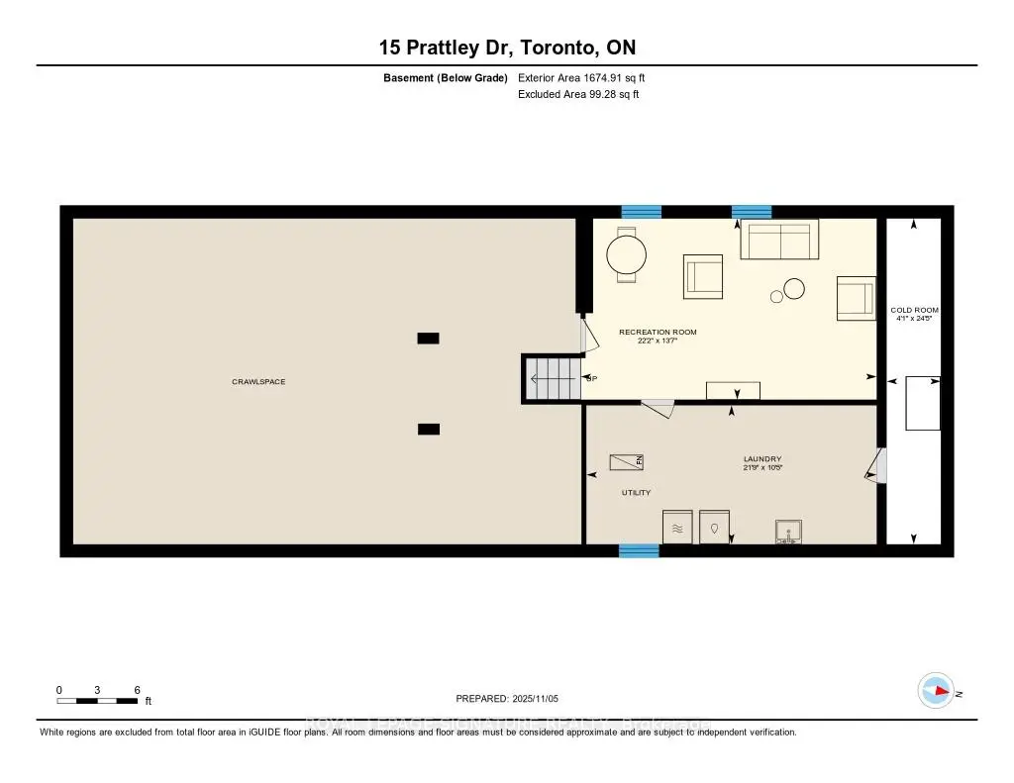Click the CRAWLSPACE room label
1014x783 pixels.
[258, 381]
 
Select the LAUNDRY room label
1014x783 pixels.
[762, 459]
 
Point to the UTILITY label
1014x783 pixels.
[636, 492]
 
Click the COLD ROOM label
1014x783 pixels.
[914, 310]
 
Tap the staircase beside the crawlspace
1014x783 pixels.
[552, 378]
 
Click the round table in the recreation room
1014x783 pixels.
[626, 255]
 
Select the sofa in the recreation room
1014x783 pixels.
[779, 239]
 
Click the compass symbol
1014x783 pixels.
[936, 690]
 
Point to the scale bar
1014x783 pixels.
[97, 700]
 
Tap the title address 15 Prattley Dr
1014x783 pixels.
[506, 47]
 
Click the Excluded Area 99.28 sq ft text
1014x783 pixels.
[578, 95]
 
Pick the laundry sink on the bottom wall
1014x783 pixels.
[788, 532]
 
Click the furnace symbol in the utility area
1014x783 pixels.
[626, 461]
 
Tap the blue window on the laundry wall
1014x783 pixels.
[639, 550]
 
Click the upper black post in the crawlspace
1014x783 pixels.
[428, 338]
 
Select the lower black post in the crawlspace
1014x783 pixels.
[428, 429]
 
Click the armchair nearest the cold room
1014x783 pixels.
[856, 298]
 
